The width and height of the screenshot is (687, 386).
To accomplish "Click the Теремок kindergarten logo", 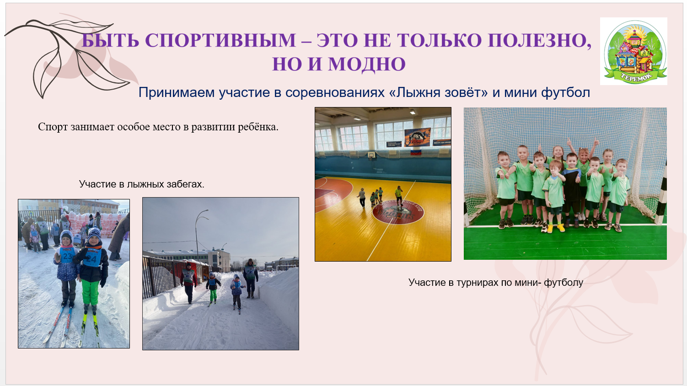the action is [633, 51].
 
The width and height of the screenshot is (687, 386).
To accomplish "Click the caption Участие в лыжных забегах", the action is [142, 184].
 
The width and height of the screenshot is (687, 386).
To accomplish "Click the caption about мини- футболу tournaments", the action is [496, 282].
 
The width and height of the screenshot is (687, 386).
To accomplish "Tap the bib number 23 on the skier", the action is [68, 255].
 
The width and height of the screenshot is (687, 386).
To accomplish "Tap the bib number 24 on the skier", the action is [93, 259].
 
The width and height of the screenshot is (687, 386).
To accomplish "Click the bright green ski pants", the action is [90, 292].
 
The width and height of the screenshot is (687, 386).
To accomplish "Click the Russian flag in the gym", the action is [416, 151].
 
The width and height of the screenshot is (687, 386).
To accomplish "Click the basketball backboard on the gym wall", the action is [371, 155].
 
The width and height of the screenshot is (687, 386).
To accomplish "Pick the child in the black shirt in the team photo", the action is [571, 186].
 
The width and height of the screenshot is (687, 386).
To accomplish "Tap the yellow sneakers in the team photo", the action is [555, 228].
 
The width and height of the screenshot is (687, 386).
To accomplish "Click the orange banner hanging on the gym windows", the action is [418, 137].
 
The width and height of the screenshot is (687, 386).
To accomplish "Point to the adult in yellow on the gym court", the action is [399, 195].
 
